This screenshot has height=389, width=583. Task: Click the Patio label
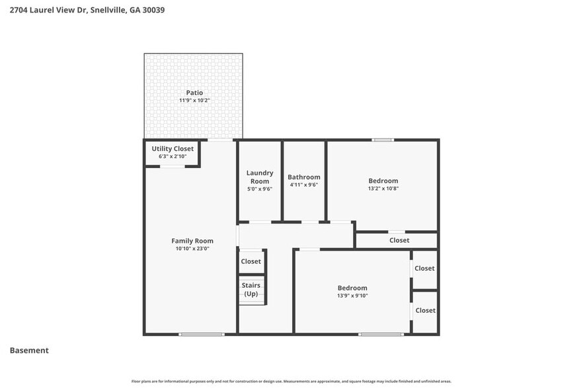pos(194,93)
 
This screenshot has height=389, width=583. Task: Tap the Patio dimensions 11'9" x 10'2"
pos(194,101)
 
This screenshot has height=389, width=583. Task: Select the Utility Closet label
pos(173,149)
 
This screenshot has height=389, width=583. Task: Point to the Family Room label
pos(192,241)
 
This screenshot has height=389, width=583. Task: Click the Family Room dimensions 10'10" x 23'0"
pos(192,249)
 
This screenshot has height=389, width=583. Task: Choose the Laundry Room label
pos(260,177)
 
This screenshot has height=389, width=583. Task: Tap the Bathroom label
pos(304,177)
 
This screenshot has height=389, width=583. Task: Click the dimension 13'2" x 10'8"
pos(383,189)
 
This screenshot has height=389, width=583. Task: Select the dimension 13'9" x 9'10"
pos(352,296)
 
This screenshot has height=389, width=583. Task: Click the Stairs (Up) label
pos(251,289)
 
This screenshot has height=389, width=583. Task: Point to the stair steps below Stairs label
pos(252,300)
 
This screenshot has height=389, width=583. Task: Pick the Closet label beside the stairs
pos(251,261)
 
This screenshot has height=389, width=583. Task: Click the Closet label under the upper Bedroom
pos(399,240)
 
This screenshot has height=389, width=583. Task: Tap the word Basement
pos(29,351)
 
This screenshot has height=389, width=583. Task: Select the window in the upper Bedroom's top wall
pos(383,140)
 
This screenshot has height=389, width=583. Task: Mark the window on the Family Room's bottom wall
pos(201,334)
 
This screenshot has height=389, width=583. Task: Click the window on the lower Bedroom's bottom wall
pos(381,334)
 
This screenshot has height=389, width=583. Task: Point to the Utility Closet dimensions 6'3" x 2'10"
pos(173,157)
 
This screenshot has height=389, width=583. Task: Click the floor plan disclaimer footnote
pos(291,382)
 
